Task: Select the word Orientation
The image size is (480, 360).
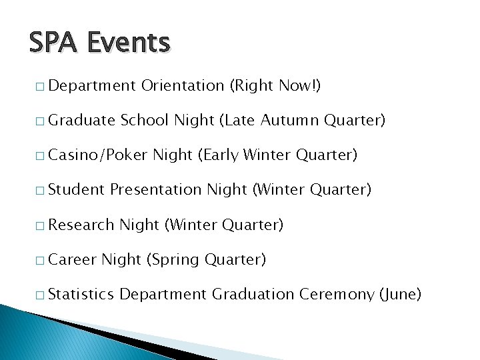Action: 182,86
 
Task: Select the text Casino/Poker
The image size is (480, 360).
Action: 98,155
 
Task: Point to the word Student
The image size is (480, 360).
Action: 77,190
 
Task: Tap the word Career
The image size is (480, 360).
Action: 73,259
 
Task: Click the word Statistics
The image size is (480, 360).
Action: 81,294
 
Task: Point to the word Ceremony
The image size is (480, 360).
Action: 337,294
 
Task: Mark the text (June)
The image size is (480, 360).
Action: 400,294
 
